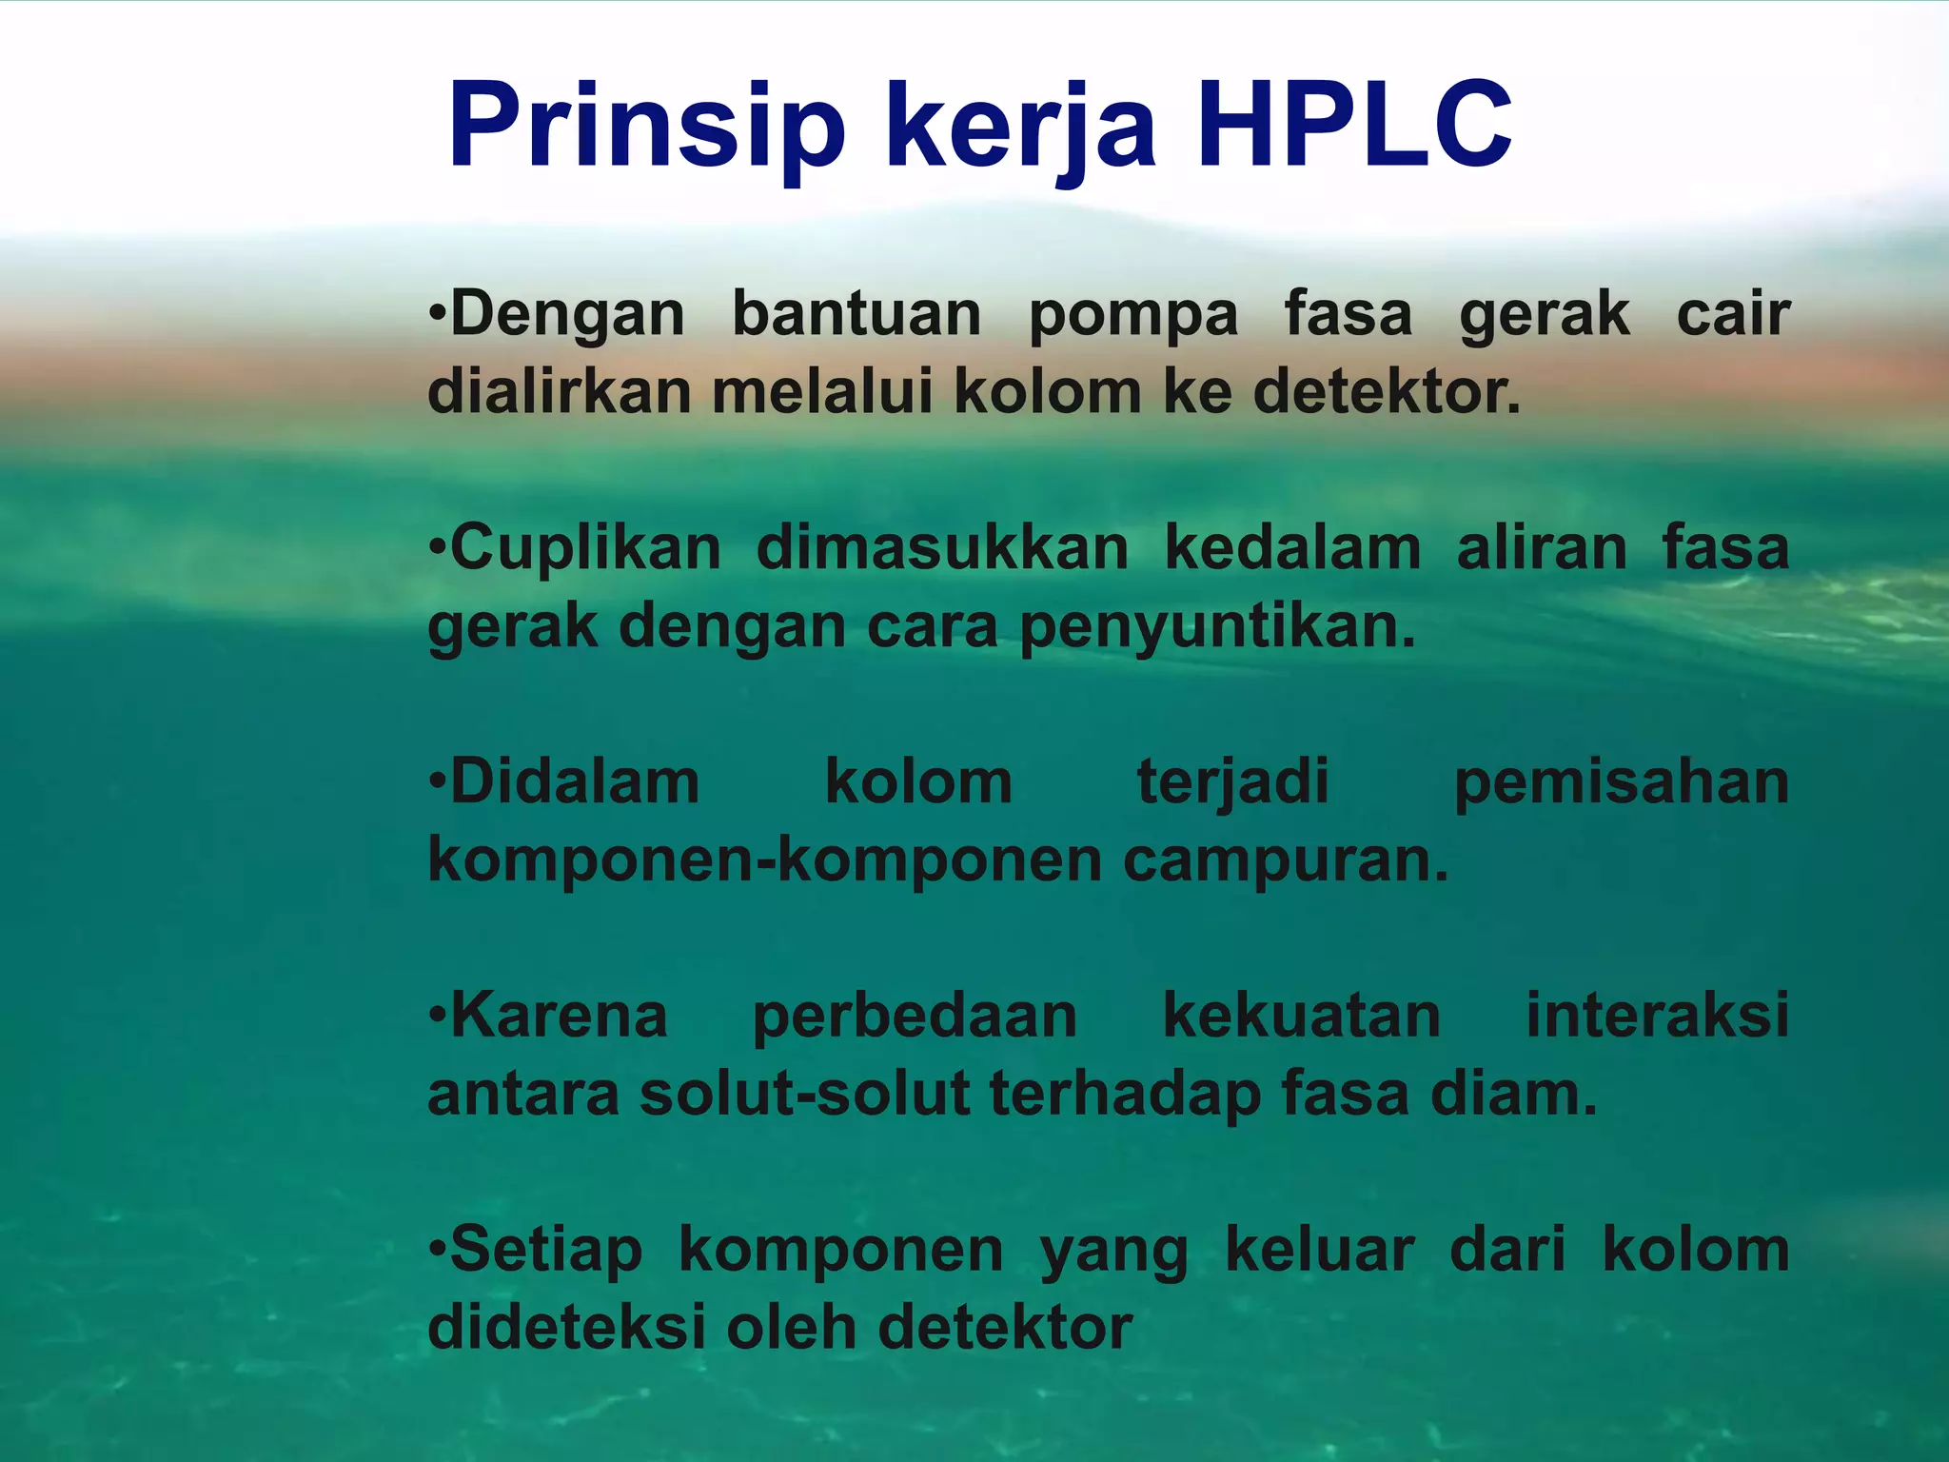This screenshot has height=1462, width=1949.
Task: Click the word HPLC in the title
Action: [1353, 127]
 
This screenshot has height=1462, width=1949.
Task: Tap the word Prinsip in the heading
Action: [646, 127]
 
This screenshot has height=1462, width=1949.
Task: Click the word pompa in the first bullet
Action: [1133, 315]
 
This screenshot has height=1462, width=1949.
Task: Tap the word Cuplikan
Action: [585, 549]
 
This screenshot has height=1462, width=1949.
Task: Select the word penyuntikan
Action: [1218, 628]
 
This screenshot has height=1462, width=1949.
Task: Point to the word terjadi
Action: [1233, 783]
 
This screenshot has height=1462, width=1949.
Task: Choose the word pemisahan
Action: [1622, 783]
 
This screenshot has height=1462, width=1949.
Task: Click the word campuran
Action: [1285, 862]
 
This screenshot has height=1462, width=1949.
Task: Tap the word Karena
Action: [559, 1016]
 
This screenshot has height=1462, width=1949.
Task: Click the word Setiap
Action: [546, 1251]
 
